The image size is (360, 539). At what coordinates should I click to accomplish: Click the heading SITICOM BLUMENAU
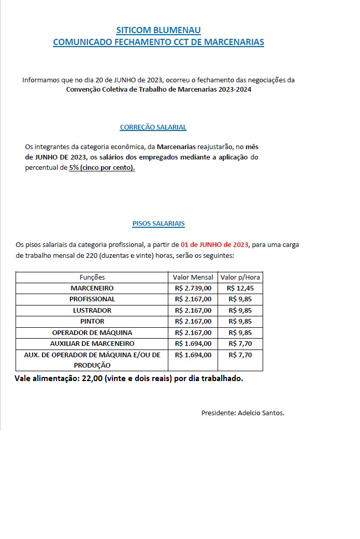tap(159, 31)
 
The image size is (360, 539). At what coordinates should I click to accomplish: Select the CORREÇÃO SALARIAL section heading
tap(153, 127)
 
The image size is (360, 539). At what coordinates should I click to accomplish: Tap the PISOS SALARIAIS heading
tap(159, 224)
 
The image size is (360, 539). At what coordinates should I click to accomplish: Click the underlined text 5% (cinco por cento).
tap(102, 168)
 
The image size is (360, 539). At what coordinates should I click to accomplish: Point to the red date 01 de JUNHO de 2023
tap(214, 245)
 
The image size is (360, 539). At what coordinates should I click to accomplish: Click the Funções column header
tap(92, 277)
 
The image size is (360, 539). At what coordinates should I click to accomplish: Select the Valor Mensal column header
tap(193, 277)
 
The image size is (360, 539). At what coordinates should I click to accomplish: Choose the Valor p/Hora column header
tap(240, 277)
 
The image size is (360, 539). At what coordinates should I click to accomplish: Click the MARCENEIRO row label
tap(92, 288)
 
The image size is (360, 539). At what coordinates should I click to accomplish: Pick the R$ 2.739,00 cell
tap(193, 288)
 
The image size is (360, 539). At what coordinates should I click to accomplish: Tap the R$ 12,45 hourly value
tap(240, 288)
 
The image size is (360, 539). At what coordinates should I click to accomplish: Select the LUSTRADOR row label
tap(92, 311)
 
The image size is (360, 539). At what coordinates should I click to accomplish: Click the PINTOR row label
tap(92, 322)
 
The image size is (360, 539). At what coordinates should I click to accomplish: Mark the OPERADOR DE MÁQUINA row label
tap(92, 332)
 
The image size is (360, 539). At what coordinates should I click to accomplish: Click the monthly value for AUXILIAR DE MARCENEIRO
tap(193, 343)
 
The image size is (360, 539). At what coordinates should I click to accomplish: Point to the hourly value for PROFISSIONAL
tap(240, 299)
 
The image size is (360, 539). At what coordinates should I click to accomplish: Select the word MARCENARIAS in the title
tap(233, 42)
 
